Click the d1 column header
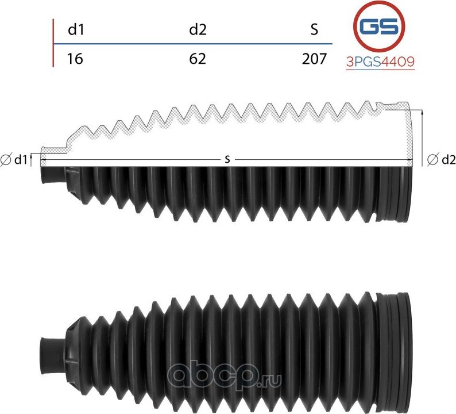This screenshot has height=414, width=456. coord(76,30)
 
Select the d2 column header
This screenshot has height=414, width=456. coord(198,30)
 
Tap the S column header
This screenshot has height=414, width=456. coord(314,30)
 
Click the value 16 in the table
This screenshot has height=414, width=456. coord(75,58)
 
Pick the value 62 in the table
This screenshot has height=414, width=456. coord(198,58)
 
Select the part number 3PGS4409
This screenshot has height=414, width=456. coord(380,62)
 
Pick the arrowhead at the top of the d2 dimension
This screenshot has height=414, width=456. coord(423,114)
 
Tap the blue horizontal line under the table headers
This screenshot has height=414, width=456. coord(192,44)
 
